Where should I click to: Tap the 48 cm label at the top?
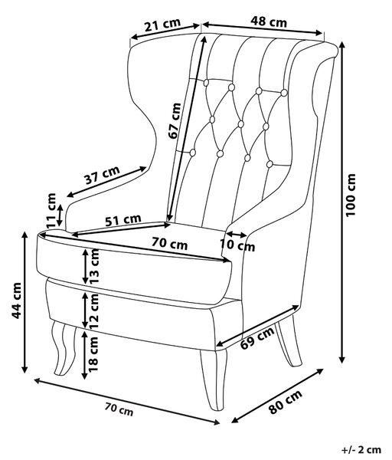click(269, 21)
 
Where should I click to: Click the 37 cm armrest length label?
click(103, 175)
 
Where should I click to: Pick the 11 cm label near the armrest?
click(51, 210)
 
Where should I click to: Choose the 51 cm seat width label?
click(123, 220)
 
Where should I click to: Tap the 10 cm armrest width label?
click(237, 245)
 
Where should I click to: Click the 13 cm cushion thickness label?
click(94, 266)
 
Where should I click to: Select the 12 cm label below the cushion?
click(94, 310)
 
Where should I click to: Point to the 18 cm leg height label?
click(94, 354)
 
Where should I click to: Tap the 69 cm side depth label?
click(257, 338)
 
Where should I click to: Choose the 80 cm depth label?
click(285, 402)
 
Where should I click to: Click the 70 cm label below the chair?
click(119, 409)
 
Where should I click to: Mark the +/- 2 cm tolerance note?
click(361, 449)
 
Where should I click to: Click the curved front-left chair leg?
click(64, 348)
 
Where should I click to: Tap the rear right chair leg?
click(289, 340)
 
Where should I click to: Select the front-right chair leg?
click(214, 379)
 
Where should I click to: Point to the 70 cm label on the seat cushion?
click(169, 243)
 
